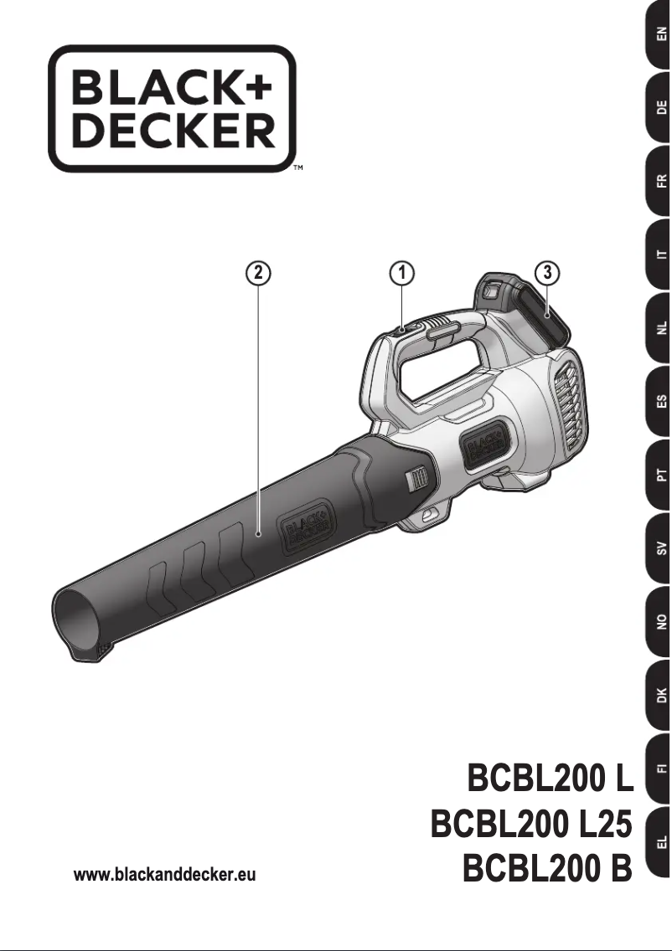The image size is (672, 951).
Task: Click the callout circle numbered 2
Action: click(258, 273)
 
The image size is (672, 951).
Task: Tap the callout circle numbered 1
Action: click(402, 273)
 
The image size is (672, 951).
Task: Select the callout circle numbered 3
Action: click(546, 273)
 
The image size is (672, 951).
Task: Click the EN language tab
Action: click(659, 36)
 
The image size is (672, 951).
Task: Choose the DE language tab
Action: click(659, 108)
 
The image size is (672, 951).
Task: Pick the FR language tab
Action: click(659, 181)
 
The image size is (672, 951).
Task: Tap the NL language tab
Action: click(659, 328)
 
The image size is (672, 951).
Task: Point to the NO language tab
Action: click(659, 622)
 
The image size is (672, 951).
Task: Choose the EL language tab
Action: click(659, 841)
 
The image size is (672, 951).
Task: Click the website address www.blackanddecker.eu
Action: click(165, 876)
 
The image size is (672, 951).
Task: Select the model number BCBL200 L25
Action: click(530, 825)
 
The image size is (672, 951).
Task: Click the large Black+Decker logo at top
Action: click(173, 109)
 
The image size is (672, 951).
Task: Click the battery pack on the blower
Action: click(524, 314)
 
